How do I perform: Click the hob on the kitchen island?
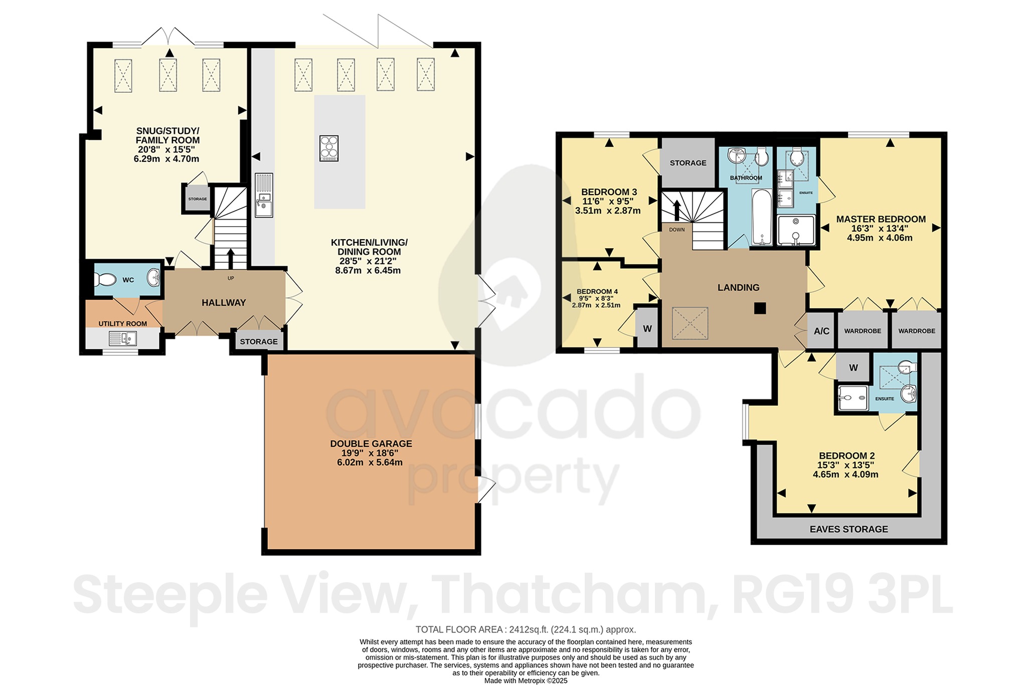point(329,148)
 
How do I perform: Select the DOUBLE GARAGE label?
point(371,444)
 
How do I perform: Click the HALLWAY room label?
point(224,302)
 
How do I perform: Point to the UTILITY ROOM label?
point(123,323)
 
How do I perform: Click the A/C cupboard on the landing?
point(821,331)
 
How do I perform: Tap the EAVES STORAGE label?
point(848,529)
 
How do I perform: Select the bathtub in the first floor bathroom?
point(762,217)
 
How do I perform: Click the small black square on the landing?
point(760,308)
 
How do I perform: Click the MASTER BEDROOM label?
point(881,219)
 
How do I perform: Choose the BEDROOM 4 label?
point(597,291)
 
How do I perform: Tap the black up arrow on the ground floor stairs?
point(231,258)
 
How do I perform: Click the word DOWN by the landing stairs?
point(676,230)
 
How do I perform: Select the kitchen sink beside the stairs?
point(264,195)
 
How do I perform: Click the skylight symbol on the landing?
point(690,323)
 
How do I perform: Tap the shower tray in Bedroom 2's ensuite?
point(853,398)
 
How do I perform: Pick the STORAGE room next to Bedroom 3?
point(688,163)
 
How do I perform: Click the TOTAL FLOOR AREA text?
point(526,629)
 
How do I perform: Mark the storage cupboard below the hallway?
point(259,341)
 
